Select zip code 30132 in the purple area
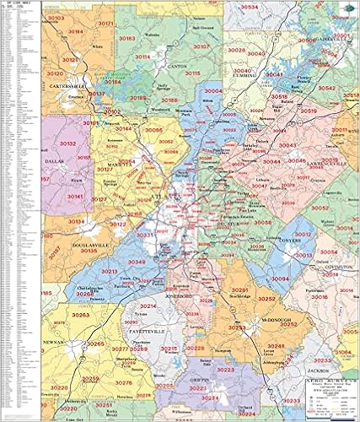pos(68,144)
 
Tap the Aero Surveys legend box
pos(332,397)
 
